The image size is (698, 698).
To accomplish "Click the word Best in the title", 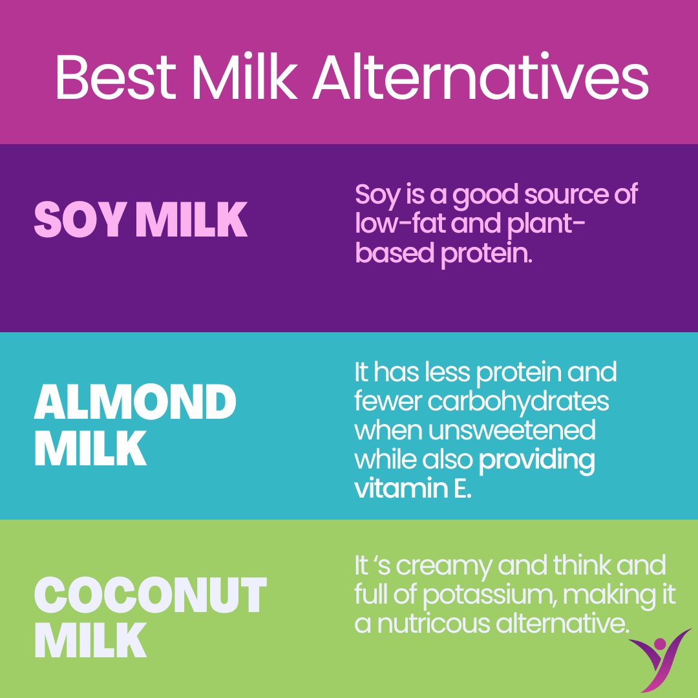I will (116, 79).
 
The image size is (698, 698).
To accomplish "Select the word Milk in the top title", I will (245, 79).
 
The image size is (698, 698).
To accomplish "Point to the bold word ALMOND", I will (135, 401).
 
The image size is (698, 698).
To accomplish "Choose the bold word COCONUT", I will (150, 595).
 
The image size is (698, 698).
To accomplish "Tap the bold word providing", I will (536, 460).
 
